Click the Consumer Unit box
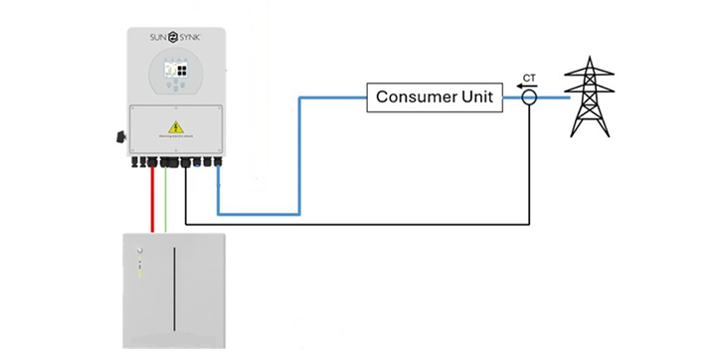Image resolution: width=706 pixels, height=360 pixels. tap(435, 97)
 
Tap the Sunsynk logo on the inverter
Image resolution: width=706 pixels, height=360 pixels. tap(176, 40)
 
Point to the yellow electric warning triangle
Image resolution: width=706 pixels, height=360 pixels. tap(176, 126)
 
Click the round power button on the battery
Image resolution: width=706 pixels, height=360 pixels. tap(141, 254)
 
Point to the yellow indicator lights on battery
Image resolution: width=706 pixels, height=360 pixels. tap(141, 269)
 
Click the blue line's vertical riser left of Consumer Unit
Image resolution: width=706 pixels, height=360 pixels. tap(299, 154)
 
